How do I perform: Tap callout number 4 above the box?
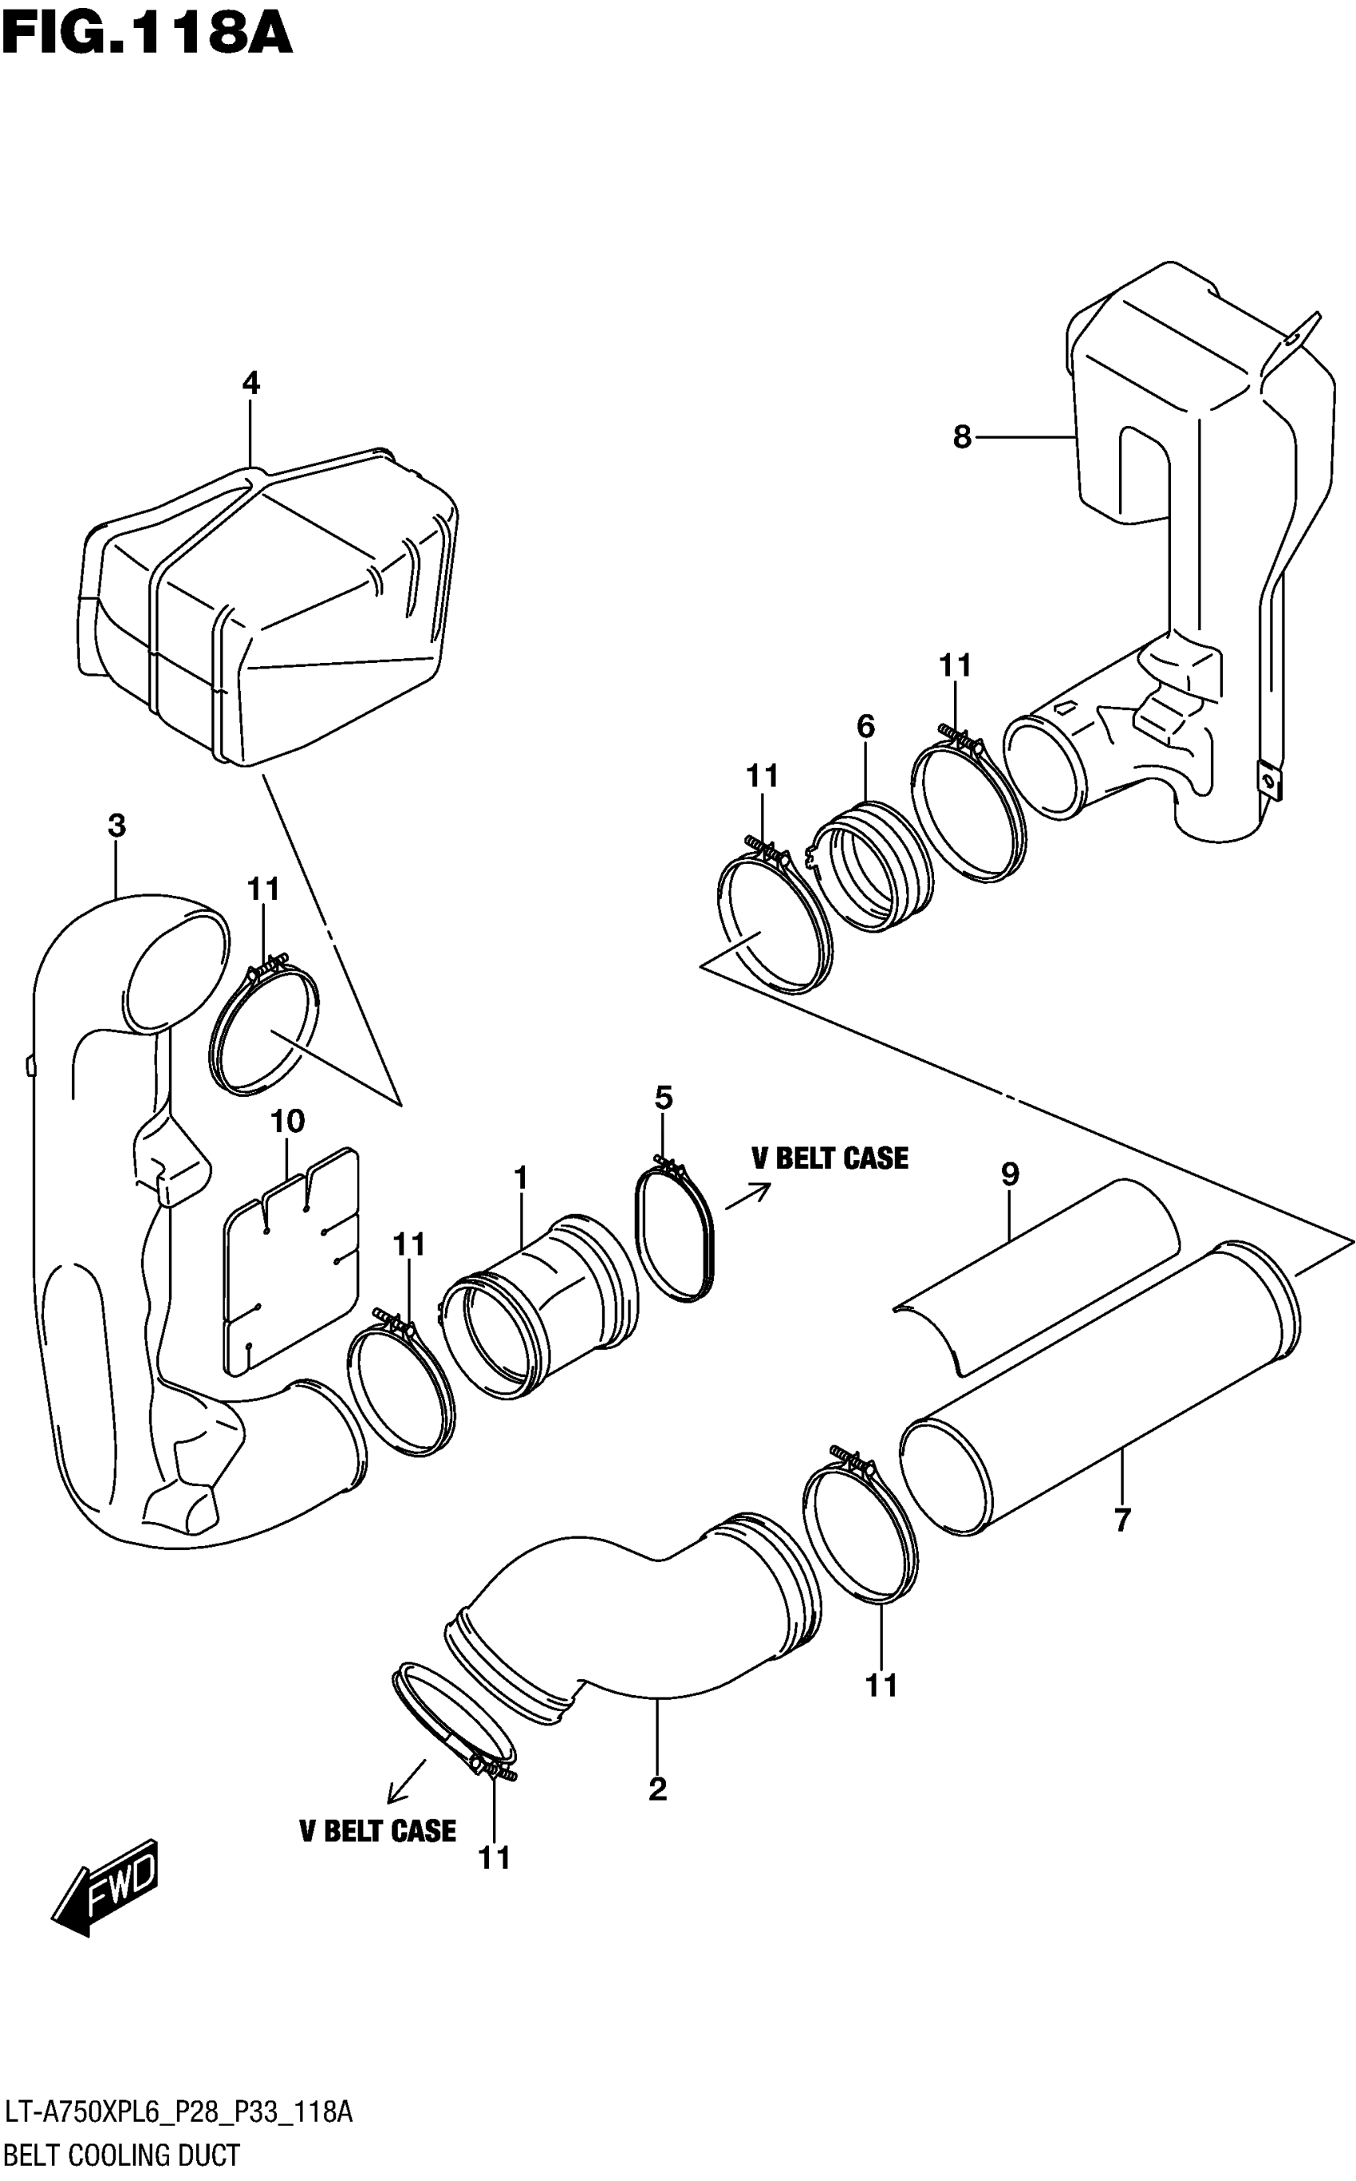pyautogui.click(x=251, y=384)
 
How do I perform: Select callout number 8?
pyautogui.click(x=961, y=438)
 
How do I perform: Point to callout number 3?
pyautogui.click(x=116, y=826)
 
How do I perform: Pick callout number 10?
pyautogui.click(x=288, y=1121)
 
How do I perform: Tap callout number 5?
pyautogui.click(x=664, y=1098)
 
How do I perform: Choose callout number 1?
pyautogui.click(x=521, y=1177)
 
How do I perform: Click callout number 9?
pyautogui.click(x=1011, y=1174)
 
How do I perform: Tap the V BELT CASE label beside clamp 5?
pyautogui.click(x=830, y=1158)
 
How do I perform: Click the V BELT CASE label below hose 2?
pyautogui.click(x=377, y=1830)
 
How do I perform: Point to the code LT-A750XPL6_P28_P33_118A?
pyautogui.click(x=179, y=2114)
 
